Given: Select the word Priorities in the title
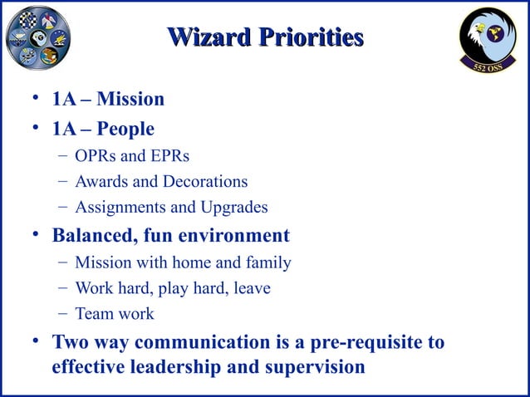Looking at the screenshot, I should click(x=311, y=38).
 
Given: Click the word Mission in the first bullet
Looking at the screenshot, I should click(x=130, y=100).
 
